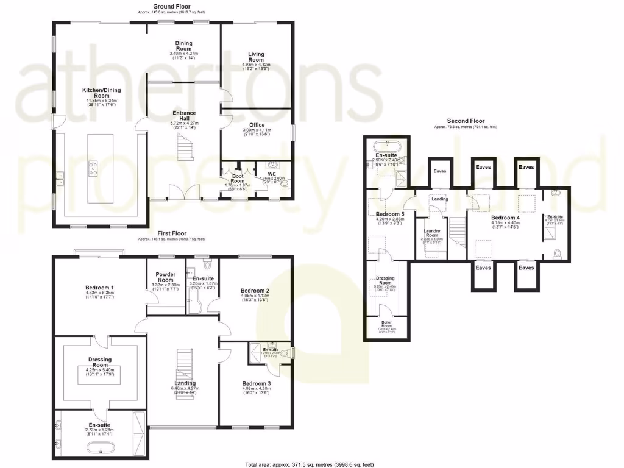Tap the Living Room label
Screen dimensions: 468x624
[x=256, y=57]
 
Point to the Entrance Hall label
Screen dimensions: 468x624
[x=184, y=116]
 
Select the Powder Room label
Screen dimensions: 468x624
[x=166, y=277]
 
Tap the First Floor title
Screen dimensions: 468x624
[x=171, y=233]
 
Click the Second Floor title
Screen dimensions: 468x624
[x=465, y=121]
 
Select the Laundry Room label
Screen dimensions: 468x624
[x=437, y=232]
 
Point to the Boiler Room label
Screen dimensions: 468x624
[x=387, y=322]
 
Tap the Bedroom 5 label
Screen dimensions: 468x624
[x=390, y=214]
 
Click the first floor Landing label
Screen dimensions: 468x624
[x=185, y=383]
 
